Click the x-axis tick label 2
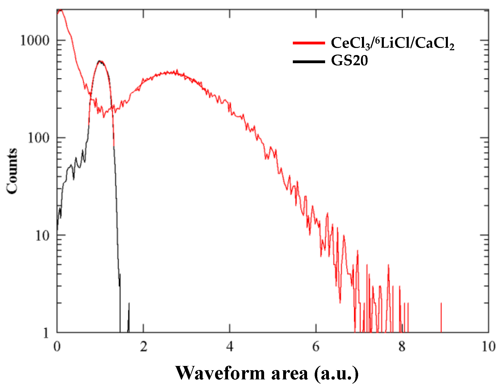tap(143, 346)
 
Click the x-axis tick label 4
tap(230, 346)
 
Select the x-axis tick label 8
tap(402, 346)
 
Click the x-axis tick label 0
tap(57, 346)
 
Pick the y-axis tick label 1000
tap(34, 41)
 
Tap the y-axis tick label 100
tap(38, 138)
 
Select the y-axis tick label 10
tap(42, 236)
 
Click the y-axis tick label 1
tap(46, 333)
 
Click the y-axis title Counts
tap(12, 171)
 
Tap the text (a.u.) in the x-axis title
tap(336, 373)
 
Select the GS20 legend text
tap(349, 61)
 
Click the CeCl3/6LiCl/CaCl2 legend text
tap(392, 43)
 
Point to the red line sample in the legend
tap(309, 43)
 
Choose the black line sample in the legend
tap(309, 61)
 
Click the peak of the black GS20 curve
tap(100, 61)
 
